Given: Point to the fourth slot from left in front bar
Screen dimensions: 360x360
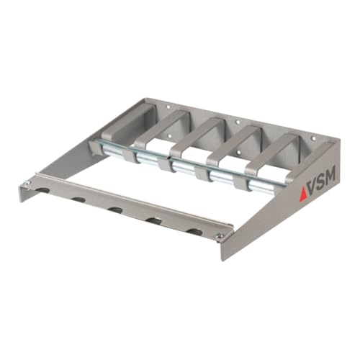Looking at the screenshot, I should pos(153,220).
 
